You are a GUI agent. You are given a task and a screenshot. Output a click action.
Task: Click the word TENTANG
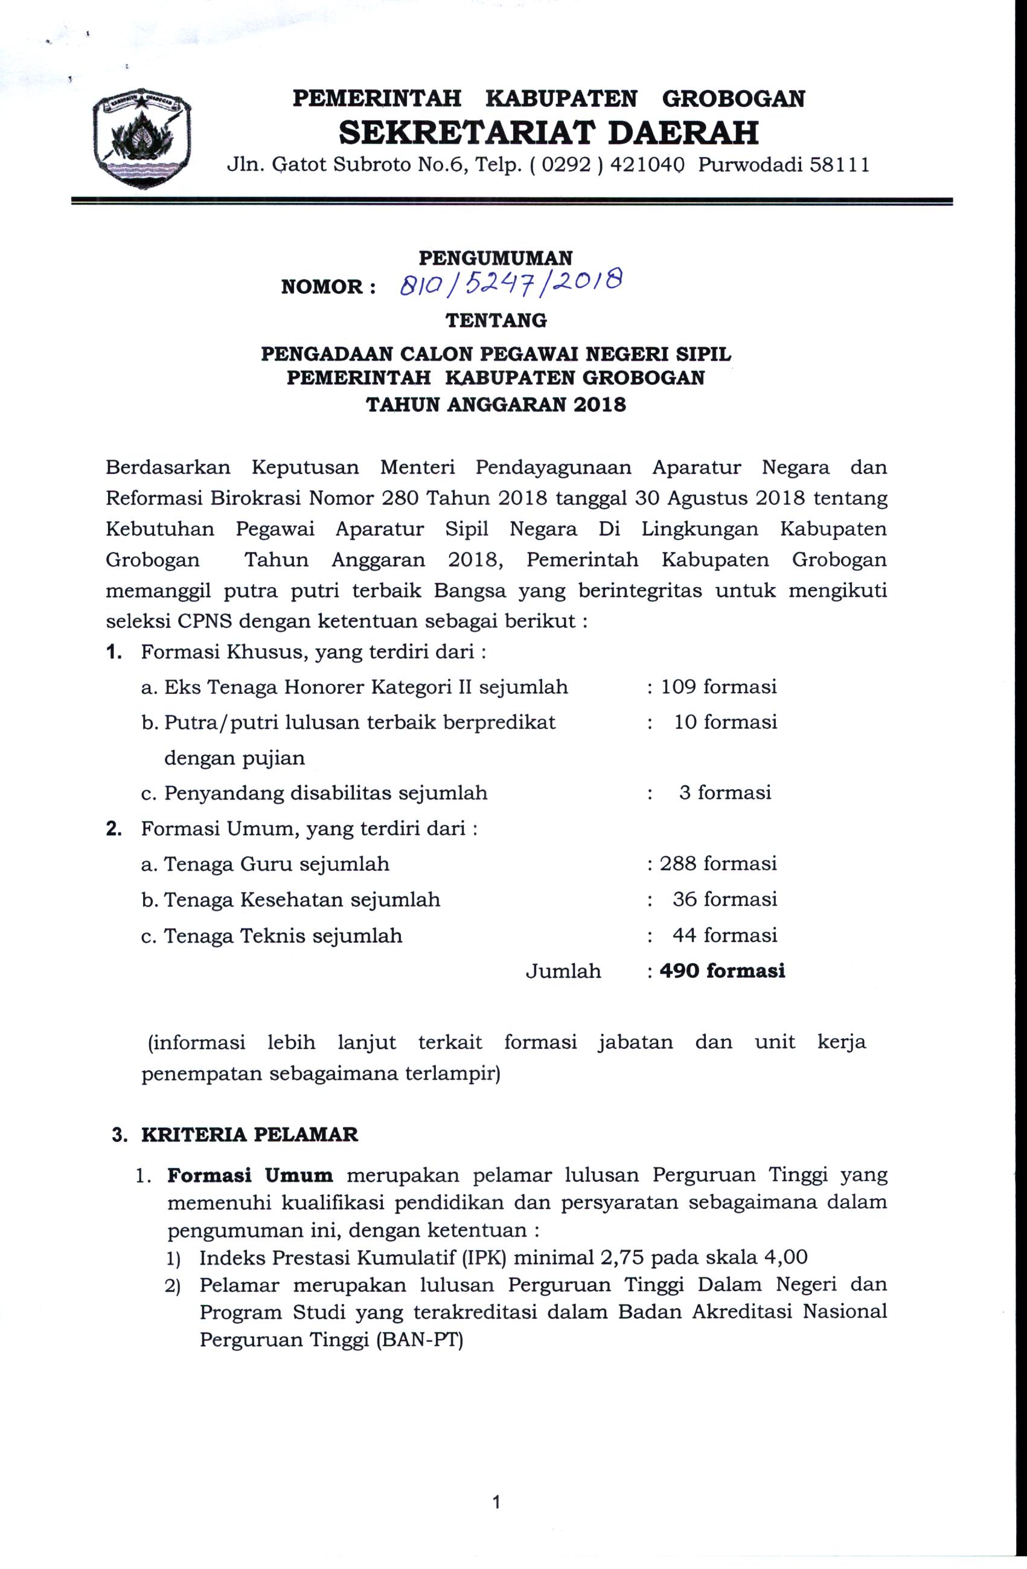[496, 321]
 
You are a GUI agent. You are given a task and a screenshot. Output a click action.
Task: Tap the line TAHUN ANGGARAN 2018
[496, 404]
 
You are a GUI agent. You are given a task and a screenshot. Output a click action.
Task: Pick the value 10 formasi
[725, 722]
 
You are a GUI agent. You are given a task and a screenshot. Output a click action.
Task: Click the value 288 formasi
[718, 864]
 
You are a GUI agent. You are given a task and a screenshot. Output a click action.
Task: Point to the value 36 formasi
[725, 899]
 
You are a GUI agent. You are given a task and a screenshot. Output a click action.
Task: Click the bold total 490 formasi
[722, 971]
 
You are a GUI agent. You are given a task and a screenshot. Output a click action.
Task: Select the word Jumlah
[563, 971]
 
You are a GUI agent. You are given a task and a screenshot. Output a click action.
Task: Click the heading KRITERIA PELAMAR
[250, 1135]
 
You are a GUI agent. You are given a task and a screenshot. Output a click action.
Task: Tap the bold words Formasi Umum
[250, 1175]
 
